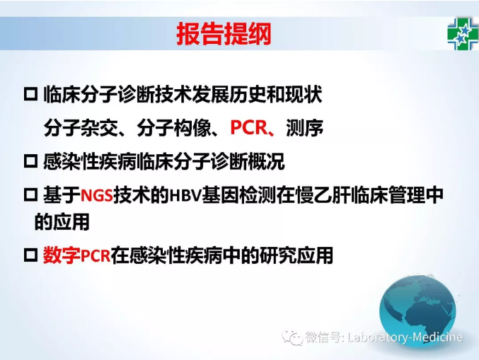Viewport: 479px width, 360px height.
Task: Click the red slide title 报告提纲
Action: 224,33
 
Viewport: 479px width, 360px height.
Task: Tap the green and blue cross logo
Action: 463,33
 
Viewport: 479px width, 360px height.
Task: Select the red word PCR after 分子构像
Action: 248,127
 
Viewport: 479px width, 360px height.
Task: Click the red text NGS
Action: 96,194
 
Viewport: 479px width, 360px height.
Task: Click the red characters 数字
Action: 62,255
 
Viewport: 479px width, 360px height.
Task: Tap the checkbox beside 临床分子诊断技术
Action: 30,94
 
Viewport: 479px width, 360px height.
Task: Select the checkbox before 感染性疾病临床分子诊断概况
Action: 30,161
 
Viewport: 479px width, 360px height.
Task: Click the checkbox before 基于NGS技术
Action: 30,194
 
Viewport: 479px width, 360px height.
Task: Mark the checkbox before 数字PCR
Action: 30,255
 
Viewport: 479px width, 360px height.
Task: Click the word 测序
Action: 304,127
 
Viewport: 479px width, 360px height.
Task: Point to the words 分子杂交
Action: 81,127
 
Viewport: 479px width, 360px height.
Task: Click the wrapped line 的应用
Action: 62,221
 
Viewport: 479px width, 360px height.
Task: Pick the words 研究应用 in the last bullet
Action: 296,255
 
